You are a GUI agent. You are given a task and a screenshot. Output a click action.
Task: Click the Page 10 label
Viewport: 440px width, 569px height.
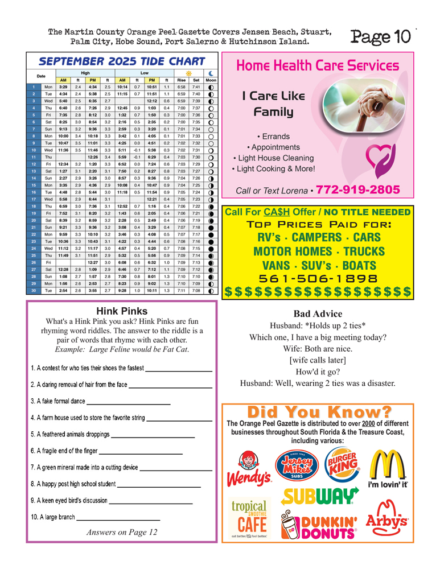pos(381,37)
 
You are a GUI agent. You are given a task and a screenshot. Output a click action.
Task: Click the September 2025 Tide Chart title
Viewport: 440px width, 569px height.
pos(122,61)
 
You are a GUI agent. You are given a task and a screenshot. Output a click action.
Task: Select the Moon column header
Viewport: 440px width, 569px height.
pos(211,80)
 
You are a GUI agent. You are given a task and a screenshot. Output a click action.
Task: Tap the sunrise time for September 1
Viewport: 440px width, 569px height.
pos(181,87)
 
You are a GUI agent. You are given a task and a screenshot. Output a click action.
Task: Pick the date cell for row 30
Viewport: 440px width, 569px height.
pos(34,290)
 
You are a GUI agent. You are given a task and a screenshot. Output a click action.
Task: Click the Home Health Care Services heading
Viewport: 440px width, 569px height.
pos(317,66)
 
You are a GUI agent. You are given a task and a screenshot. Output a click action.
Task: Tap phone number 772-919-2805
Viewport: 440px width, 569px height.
pos(358,189)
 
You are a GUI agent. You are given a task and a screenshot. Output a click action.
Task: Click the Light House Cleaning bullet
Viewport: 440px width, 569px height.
pos(273,158)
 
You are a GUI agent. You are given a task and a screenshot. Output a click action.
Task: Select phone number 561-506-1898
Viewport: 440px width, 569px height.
pos(318,279)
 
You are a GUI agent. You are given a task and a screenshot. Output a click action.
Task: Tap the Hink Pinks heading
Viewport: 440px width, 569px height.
pos(122,311)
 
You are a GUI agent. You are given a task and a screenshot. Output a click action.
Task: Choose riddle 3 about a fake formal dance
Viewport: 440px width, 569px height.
pos(57,401)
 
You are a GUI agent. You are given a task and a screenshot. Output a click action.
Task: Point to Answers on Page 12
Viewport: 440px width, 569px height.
pos(122,533)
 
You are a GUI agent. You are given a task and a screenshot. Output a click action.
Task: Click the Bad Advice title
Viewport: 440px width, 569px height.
pos(318,314)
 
